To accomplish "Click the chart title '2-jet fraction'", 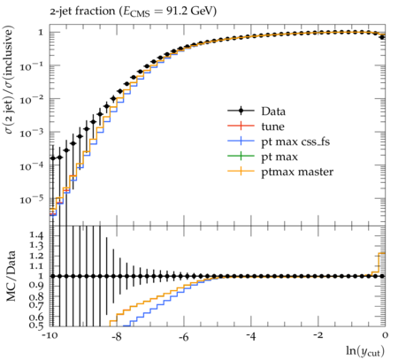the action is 82,11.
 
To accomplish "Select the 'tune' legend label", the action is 272,126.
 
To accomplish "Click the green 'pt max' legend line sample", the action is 241,156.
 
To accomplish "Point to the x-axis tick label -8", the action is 117,336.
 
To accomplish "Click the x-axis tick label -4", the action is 250,336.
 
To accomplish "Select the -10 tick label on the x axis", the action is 50,336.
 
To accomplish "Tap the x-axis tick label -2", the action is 318,336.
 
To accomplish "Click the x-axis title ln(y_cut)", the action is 365,351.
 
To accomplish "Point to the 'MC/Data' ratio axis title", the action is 11,276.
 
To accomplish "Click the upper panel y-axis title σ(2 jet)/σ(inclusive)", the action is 10,80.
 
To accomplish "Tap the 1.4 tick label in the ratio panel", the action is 36,235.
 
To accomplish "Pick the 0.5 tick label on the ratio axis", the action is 36,326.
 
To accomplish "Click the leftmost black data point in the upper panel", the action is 53,158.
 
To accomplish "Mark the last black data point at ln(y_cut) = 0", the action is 382,37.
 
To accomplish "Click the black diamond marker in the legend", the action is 241,111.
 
